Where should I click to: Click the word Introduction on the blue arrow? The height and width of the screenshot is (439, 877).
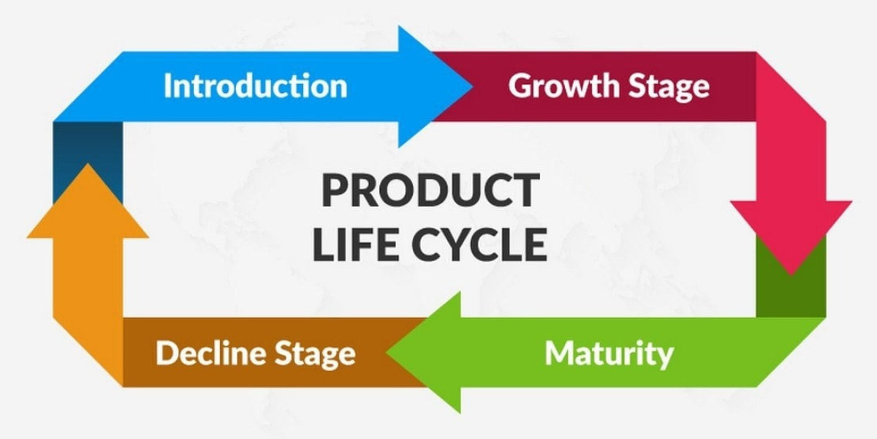[x=255, y=86]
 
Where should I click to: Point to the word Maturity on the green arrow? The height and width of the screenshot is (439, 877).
[x=609, y=353]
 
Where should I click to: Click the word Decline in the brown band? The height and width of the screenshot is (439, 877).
[x=211, y=353]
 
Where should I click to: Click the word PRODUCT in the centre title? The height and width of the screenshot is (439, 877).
[x=429, y=192]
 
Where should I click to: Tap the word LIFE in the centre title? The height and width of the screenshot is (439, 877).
[x=352, y=245]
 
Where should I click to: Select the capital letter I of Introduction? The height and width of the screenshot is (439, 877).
[x=167, y=86]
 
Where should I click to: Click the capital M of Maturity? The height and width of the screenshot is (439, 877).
[x=560, y=353]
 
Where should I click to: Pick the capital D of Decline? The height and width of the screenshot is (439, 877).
[x=167, y=353]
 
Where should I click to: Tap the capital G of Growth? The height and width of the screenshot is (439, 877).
[x=521, y=86]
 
